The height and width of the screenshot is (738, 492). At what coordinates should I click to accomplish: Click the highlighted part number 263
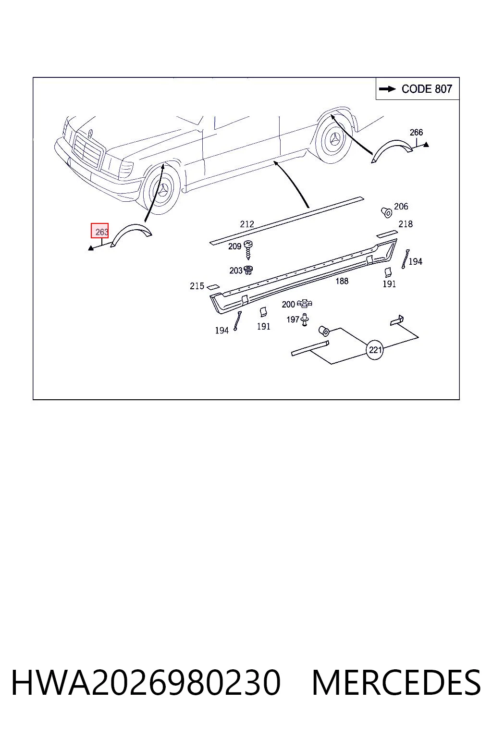coord(99,231)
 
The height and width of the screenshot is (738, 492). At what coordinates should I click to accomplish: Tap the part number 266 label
coord(416,133)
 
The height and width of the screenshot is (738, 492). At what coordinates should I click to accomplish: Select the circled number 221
coord(375,350)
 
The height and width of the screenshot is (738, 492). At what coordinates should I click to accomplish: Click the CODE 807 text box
coord(417,88)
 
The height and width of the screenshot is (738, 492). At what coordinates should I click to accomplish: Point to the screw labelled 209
coord(248,250)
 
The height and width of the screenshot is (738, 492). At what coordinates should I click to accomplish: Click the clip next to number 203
coord(248,270)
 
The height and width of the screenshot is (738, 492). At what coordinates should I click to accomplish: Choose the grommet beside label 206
coord(387,212)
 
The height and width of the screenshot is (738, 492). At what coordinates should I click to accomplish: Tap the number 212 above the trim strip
coord(247,224)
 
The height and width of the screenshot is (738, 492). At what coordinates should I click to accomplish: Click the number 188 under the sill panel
coord(342,281)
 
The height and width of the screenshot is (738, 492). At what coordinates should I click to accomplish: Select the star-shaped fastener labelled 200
coord(304,304)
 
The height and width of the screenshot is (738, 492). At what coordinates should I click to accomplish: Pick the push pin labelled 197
coord(305,320)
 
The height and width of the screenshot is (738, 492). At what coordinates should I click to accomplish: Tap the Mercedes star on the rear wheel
coord(335,139)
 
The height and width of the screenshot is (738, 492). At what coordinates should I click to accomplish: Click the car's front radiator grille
coord(88,151)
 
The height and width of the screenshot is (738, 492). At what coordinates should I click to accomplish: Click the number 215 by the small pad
coord(197,286)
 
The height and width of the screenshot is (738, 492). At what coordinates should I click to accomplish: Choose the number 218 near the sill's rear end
coord(406,224)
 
